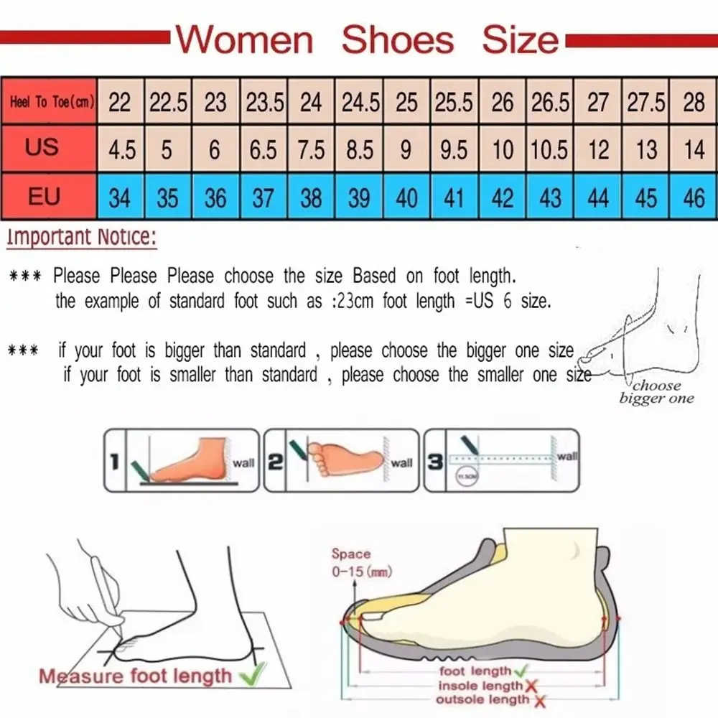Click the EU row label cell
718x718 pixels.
click(x=44, y=195)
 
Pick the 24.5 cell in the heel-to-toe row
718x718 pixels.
click(x=360, y=103)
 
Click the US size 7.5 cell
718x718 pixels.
click(x=311, y=149)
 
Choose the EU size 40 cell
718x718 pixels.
click(x=406, y=197)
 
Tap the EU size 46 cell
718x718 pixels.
click(x=694, y=197)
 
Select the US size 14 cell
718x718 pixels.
click(x=694, y=149)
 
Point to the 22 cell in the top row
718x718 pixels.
click(x=120, y=103)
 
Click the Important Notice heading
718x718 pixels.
click(x=80, y=238)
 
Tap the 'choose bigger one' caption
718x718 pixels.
click(x=656, y=392)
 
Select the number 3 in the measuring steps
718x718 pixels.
click(x=435, y=462)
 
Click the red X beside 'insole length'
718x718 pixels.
click(x=532, y=686)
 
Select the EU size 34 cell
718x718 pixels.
click(x=120, y=197)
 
